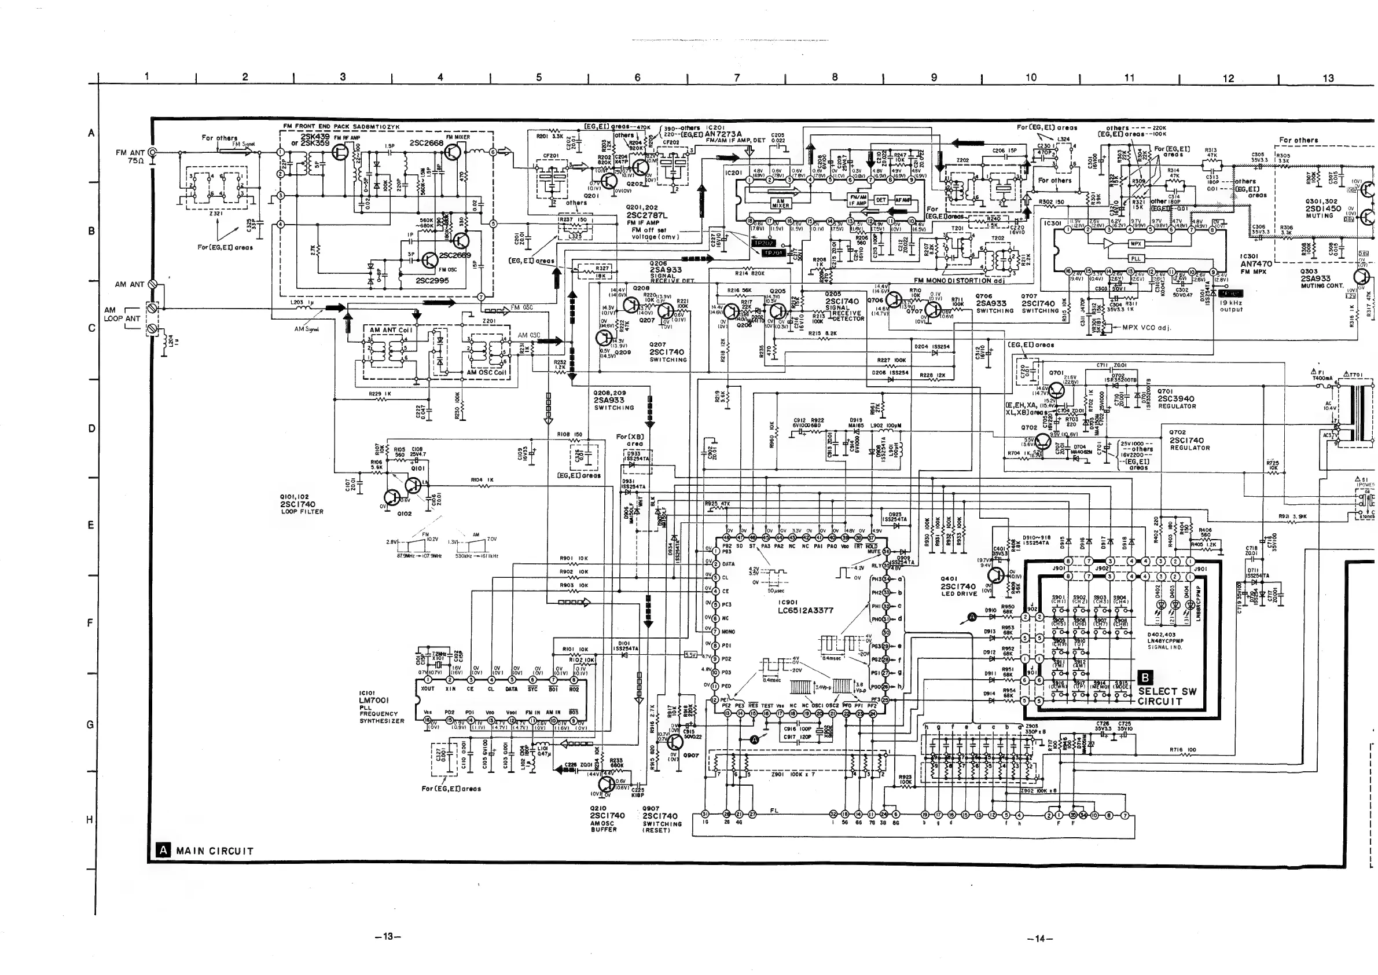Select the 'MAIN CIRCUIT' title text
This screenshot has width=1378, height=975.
click(x=214, y=851)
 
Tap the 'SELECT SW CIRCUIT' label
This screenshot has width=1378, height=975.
click(x=1167, y=696)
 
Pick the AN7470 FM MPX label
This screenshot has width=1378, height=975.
click(x=1255, y=263)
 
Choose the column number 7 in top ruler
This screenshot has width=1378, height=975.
click(x=736, y=78)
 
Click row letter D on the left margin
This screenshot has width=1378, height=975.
click(x=91, y=428)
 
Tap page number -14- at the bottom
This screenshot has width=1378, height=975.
click(x=1037, y=939)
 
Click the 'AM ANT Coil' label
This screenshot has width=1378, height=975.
click(x=391, y=329)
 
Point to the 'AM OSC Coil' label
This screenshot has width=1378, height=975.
click(x=486, y=372)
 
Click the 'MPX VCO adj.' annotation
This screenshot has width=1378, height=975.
click(x=1147, y=328)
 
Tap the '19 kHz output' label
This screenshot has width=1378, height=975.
click(x=1231, y=306)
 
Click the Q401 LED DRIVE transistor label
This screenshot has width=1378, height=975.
click(x=958, y=586)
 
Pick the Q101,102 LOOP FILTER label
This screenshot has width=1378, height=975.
click(x=302, y=504)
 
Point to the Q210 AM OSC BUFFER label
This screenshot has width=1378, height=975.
click(x=607, y=819)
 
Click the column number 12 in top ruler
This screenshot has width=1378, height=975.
click(x=1229, y=78)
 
